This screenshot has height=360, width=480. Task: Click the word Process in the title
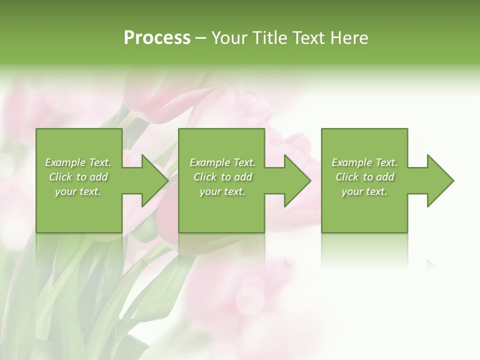click(x=157, y=38)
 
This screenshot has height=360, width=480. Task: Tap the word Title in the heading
click(x=270, y=38)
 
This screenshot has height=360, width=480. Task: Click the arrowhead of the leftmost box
click(x=152, y=180)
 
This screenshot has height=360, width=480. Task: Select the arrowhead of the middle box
click(x=295, y=180)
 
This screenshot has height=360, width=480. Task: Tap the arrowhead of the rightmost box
click(x=438, y=180)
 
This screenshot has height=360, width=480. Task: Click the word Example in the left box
click(x=65, y=162)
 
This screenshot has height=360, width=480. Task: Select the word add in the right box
click(x=385, y=177)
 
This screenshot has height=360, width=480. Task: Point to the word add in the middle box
click(x=243, y=177)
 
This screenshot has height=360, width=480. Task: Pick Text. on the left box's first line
click(x=99, y=162)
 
